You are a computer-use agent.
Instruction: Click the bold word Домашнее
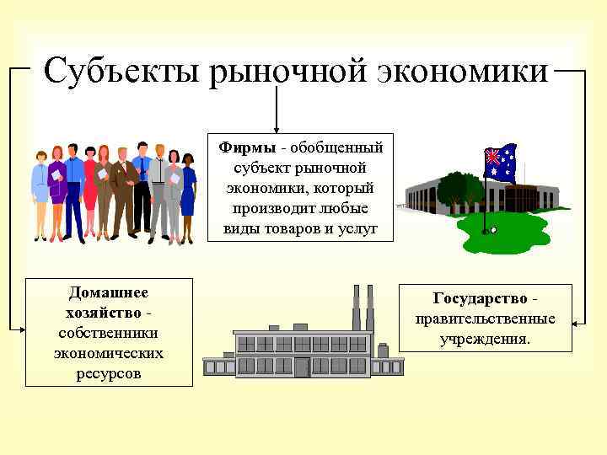[x=108, y=293]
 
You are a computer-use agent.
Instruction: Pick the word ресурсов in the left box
[x=108, y=373]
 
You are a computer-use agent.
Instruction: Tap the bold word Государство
[x=480, y=298]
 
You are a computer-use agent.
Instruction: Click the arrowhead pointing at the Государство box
[x=577, y=321]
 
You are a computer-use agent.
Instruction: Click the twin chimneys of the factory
[x=363, y=308]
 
